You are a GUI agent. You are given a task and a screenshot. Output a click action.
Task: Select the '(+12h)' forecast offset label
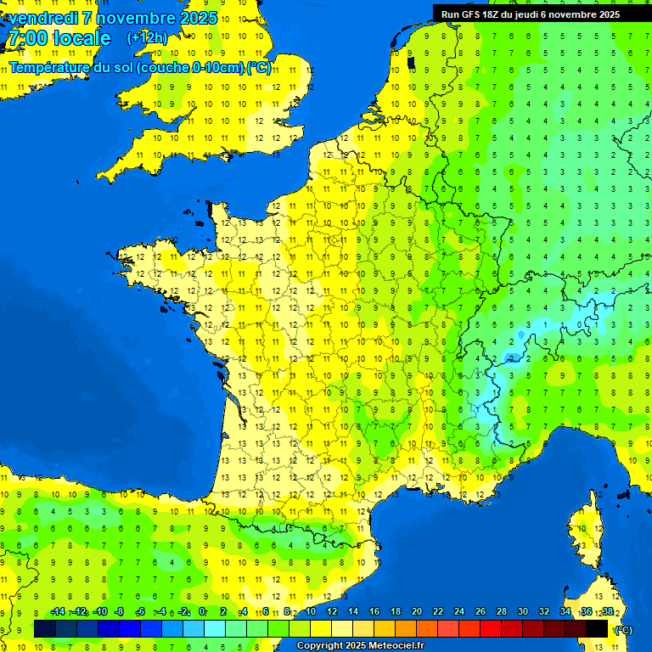pos(147,38)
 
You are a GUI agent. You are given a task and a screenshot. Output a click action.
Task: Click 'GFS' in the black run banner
pos(475,14)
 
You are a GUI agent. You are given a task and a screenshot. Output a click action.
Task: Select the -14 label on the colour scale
pos(58,612)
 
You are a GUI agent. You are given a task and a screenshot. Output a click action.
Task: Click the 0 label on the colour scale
pos(201,612)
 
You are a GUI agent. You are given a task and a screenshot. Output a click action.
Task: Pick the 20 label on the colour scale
pos(416,612)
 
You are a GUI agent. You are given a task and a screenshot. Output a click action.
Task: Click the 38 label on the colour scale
pos(607,612)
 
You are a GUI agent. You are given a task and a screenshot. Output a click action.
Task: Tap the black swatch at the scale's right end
pos(597,628)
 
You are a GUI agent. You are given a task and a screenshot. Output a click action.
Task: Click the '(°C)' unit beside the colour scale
pos(622,629)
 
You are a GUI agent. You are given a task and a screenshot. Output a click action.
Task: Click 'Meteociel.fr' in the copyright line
pos(396,646)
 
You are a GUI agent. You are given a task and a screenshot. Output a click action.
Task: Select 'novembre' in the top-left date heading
pos(137,18)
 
